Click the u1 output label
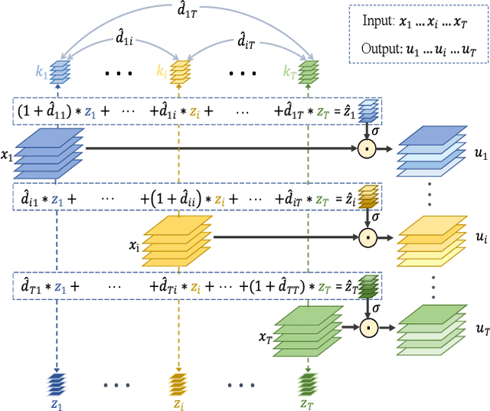tap(481, 154)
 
